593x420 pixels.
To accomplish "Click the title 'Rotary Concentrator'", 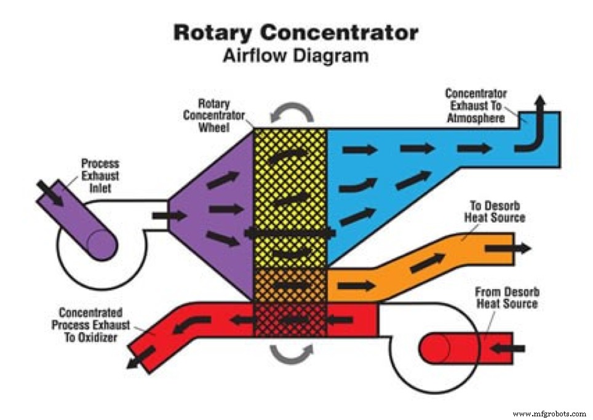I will pos(296,32).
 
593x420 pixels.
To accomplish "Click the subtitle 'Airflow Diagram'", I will pos(296,56).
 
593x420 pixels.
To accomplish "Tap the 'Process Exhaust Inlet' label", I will pos(100,176).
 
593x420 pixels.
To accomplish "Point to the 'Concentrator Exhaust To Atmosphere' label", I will pos(476,105).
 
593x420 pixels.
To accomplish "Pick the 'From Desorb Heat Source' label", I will pos(506,298).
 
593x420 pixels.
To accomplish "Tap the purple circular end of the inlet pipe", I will pos(102,244).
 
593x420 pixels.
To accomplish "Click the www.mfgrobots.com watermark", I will pos(549,413).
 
